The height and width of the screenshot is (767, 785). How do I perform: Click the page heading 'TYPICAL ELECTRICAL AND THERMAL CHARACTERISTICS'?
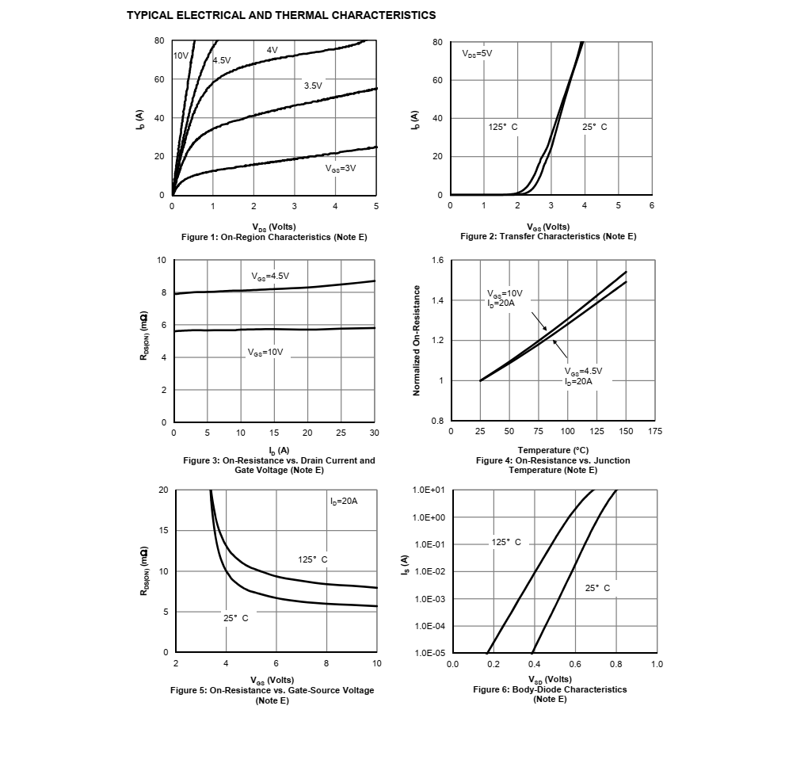[x=281, y=16]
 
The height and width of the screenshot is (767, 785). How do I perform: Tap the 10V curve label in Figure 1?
[x=181, y=55]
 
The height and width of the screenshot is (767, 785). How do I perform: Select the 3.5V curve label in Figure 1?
[x=313, y=86]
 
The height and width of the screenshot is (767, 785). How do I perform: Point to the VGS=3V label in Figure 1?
[x=341, y=169]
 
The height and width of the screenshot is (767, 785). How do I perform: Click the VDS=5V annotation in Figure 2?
[x=477, y=54]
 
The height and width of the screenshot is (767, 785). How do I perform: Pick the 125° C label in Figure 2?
[x=503, y=127]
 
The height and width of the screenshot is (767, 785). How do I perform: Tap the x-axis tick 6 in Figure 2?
[x=651, y=205]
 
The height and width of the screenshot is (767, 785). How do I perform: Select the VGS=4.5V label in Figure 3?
[x=270, y=277]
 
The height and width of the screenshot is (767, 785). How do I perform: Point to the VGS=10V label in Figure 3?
[x=265, y=353]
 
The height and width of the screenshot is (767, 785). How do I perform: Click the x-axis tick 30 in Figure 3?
[x=374, y=433]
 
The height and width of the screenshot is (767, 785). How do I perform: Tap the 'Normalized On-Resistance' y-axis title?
[x=417, y=341]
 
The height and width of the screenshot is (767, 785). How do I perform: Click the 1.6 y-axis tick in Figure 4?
[x=437, y=260]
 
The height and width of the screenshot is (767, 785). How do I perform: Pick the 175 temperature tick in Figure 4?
[x=654, y=431]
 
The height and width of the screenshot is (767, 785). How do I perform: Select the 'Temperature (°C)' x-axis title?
[x=553, y=450]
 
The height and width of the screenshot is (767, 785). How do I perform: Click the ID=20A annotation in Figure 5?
[x=344, y=501]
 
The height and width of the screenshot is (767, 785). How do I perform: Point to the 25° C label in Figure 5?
[x=236, y=618]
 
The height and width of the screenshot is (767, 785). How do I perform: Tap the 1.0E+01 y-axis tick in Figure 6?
[x=429, y=490]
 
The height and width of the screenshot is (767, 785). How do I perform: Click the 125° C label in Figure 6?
[x=506, y=542]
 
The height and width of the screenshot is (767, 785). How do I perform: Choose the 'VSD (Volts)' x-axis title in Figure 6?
[x=551, y=679]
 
